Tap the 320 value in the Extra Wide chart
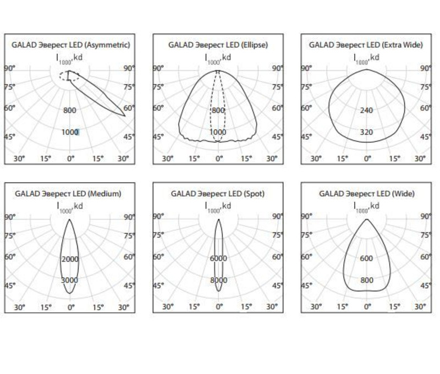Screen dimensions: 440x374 (366, 132)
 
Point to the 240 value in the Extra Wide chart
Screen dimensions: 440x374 (366, 110)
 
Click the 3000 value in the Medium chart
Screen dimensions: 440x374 (70, 280)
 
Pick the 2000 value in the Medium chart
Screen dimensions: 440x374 (70, 259)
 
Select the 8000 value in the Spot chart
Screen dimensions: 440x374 (218, 280)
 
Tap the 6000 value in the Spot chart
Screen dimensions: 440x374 (218, 258)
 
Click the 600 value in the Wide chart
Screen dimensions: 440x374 (366, 258)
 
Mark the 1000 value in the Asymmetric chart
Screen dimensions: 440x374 (70, 132)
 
